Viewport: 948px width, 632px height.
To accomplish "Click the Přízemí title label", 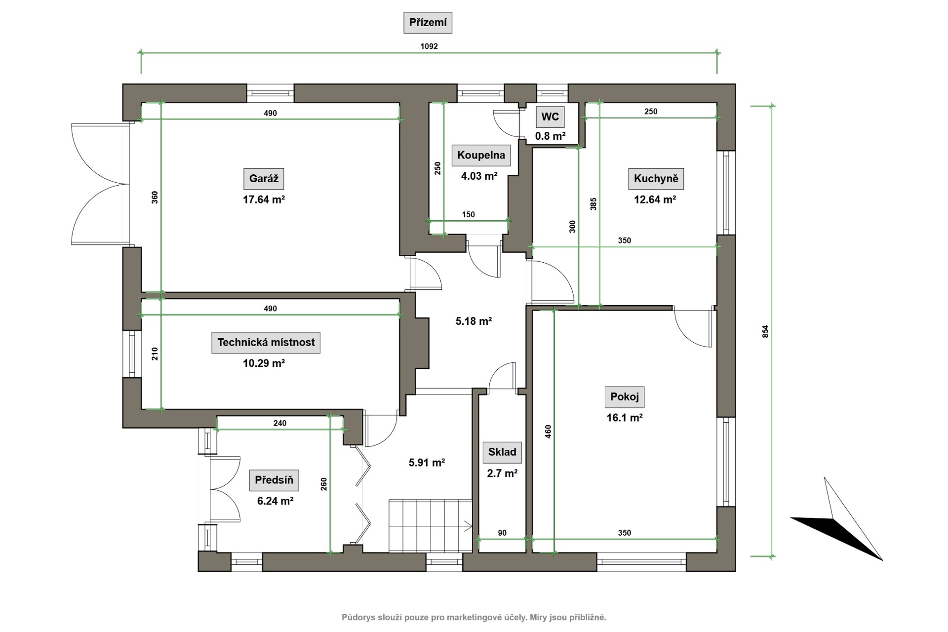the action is pyautogui.click(x=428, y=23).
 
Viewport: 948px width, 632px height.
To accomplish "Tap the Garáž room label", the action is pyautogui.click(x=264, y=179).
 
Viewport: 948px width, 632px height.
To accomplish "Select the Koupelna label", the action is pyautogui.click(x=481, y=156).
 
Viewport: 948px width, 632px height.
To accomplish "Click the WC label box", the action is pyautogui.click(x=550, y=117).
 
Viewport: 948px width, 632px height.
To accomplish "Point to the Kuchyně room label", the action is pyautogui.click(x=656, y=179).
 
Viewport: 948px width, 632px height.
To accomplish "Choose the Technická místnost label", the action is pyautogui.click(x=266, y=343).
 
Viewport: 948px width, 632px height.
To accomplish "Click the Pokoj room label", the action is pyautogui.click(x=625, y=396).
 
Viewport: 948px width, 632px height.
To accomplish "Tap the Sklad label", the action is pyautogui.click(x=502, y=452).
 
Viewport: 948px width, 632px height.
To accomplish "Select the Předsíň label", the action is pyautogui.click(x=274, y=480).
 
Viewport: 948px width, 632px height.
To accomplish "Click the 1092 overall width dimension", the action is pyautogui.click(x=429, y=46).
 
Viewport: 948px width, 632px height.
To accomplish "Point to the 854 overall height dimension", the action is pyautogui.click(x=766, y=331).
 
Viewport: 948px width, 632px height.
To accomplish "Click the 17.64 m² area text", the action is pyautogui.click(x=264, y=199).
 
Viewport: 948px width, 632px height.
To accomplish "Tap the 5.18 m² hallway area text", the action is pyautogui.click(x=474, y=321).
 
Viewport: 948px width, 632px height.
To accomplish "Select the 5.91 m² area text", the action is pyautogui.click(x=427, y=463).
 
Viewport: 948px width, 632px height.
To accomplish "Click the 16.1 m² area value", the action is pyautogui.click(x=625, y=418).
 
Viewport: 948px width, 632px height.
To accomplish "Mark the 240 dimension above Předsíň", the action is pyautogui.click(x=280, y=423).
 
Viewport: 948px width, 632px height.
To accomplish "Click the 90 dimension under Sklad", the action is pyautogui.click(x=502, y=533).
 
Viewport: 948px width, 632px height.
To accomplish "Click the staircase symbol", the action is pyautogui.click(x=431, y=525).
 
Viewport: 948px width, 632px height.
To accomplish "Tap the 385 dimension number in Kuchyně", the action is pyautogui.click(x=593, y=204).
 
